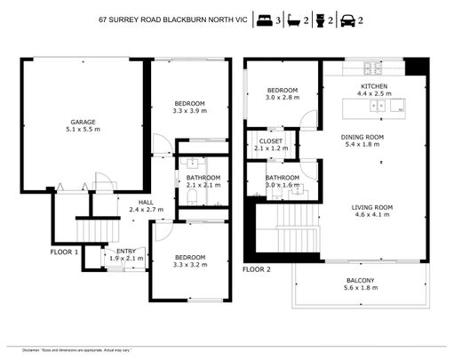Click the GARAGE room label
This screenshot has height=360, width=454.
[83, 122]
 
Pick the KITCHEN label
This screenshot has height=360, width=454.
[374, 84]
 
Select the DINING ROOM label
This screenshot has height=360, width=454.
[374, 137]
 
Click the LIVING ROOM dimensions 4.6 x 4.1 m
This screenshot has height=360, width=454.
[374, 215]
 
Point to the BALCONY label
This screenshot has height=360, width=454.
[360, 281]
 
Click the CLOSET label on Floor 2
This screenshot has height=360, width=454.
[271, 140]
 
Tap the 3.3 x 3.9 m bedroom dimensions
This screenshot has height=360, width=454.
[188, 112]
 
